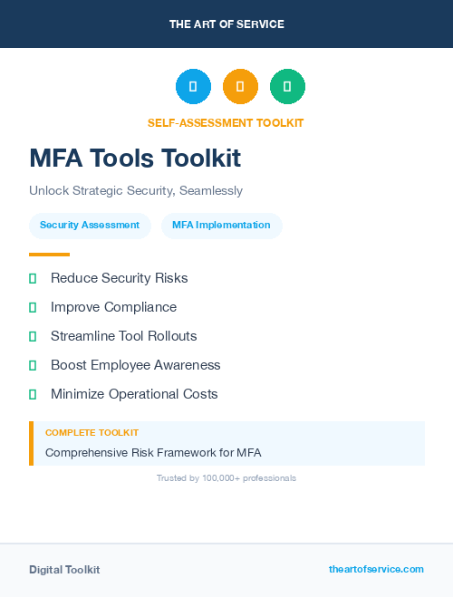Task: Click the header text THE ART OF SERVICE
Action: [226, 24]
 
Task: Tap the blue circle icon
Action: [193, 87]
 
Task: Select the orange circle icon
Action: [240, 87]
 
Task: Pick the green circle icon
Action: [287, 87]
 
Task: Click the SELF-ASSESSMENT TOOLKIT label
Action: [226, 122]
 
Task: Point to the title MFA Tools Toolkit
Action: [135, 159]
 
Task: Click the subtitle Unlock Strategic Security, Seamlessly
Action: [136, 191]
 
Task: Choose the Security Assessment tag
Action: [90, 225]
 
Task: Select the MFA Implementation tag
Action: [221, 225]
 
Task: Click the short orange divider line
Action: [49, 255]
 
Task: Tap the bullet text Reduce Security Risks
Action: [119, 278]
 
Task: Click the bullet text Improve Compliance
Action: [113, 307]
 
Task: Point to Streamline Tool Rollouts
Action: [123, 336]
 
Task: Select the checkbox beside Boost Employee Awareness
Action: [33, 365]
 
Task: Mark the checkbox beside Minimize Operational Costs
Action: [33, 394]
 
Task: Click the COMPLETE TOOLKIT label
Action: [92, 433]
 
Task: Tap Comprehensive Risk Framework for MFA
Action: [153, 452]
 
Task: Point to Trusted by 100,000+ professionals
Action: [226, 478]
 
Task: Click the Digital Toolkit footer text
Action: [64, 570]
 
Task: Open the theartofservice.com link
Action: [376, 569]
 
